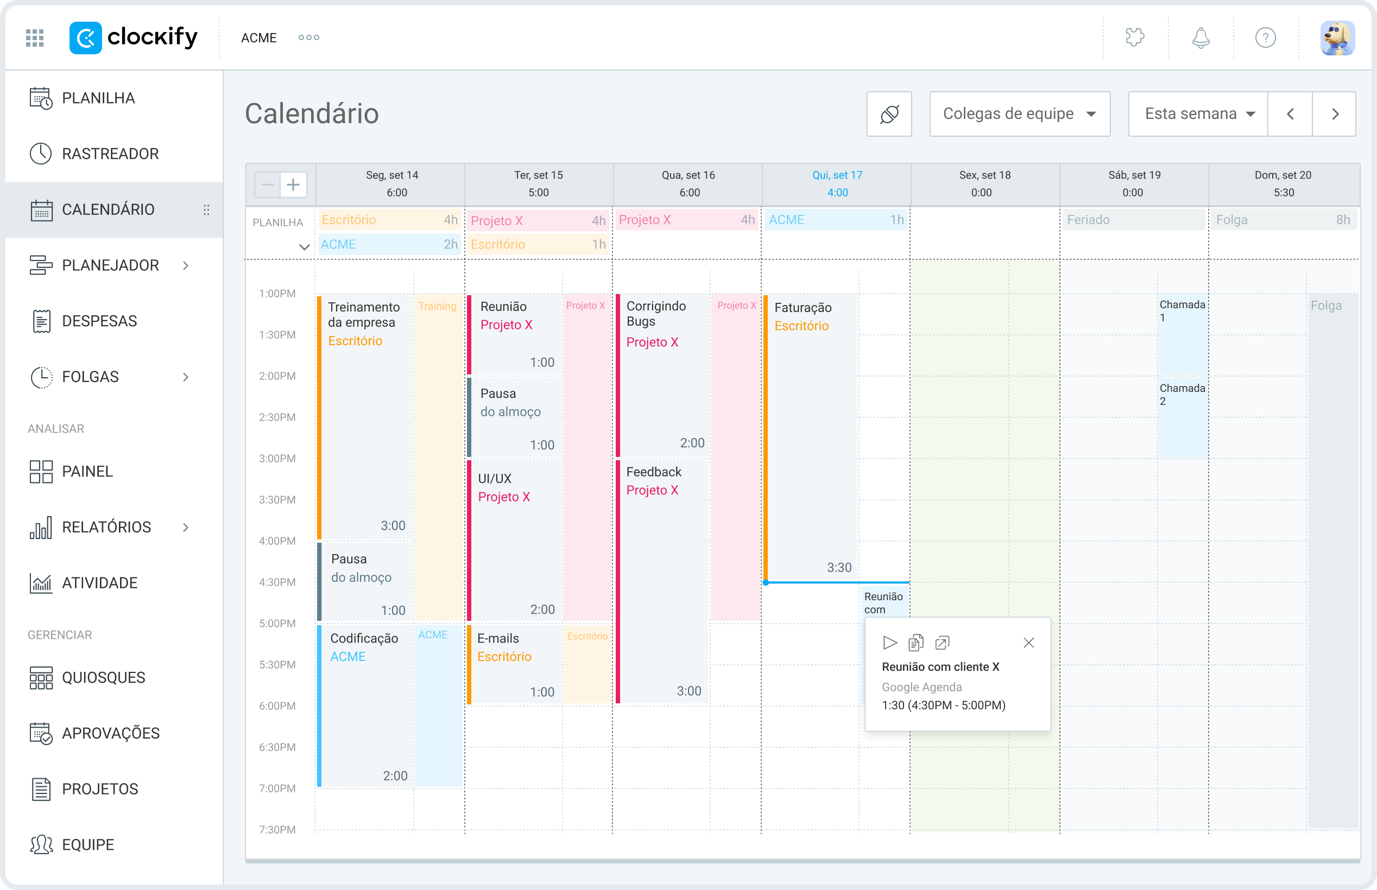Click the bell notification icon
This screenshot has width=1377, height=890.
(x=1201, y=38)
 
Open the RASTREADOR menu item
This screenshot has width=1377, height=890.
(x=110, y=154)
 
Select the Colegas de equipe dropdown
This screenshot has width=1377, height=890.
(x=1019, y=114)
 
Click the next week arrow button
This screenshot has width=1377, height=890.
(x=1335, y=114)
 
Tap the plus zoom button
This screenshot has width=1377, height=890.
(x=293, y=185)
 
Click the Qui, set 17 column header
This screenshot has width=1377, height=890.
(x=837, y=183)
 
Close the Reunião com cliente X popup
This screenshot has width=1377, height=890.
(x=1028, y=643)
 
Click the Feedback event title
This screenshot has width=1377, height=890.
(x=654, y=472)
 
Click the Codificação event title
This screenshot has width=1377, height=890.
(x=364, y=638)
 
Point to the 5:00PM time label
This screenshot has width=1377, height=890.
(x=277, y=624)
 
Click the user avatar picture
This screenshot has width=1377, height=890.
(x=1337, y=38)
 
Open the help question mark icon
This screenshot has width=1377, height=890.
(x=1266, y=38)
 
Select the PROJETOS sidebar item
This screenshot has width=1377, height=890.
(x=100, y=789)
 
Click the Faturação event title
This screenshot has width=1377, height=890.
(x=803, y=308)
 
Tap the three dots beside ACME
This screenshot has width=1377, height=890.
(x=309, y=37)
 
